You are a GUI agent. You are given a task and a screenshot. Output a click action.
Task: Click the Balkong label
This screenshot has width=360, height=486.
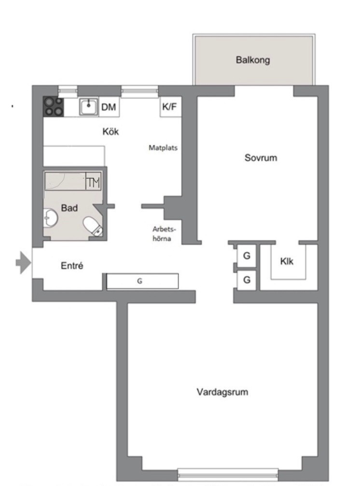pyautogui.click(x=253, y=60)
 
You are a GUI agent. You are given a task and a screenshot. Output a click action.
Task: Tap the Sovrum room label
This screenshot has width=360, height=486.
pyautogui.click(x=261, y=158)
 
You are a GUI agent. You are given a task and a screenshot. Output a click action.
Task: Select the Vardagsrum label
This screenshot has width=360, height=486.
pyautogui.click(x=222, y=392)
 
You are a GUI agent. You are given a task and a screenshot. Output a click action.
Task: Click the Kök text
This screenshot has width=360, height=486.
pyautogui.click(x=111, y=131)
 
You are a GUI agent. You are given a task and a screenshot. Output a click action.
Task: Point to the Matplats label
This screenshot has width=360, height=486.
pyautogui.click(x=163, y=148)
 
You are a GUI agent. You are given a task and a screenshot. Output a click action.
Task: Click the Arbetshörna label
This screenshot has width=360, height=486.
pyautogui.click(x=164, y=234)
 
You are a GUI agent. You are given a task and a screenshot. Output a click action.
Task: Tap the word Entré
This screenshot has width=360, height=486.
pyautogui.click(x=72, y=265)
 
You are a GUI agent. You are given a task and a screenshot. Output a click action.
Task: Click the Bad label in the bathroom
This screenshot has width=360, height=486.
pyautogui.click(x=69, y=208)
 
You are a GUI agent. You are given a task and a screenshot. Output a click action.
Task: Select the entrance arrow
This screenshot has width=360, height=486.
pyautogui.click(x=24, y=263)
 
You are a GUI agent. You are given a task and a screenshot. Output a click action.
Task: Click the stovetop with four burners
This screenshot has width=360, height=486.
pyautogui.click(x=53, y=107)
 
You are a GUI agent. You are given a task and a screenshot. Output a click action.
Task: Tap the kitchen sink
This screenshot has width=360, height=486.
pyautogui.click(x=89, y=107)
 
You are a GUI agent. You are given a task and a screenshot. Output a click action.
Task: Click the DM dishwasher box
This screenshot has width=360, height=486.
pyautogui.click(x=109, y=107)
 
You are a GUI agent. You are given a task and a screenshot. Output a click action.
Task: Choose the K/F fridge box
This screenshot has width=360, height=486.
pyautogui.click(x=170, y=107)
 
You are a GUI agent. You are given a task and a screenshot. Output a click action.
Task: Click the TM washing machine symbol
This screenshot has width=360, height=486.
pyautogui.click(x=93, y=182)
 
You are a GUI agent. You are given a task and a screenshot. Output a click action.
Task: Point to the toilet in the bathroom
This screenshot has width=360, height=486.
pyautogui.click(x=93, y=226)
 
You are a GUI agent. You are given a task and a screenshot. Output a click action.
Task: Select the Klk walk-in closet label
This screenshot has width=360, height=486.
pyautogui.click(x=287, y=261)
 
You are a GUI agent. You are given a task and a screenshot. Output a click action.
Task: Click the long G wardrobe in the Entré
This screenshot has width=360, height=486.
pyautogui.click(x=142, y=281)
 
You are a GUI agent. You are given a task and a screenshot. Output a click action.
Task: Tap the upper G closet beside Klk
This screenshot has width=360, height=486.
pyautogui.click(x=247, y=255)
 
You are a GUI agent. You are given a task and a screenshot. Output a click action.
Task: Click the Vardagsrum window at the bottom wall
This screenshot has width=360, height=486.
pyautogui.click(x=228, y=474)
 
